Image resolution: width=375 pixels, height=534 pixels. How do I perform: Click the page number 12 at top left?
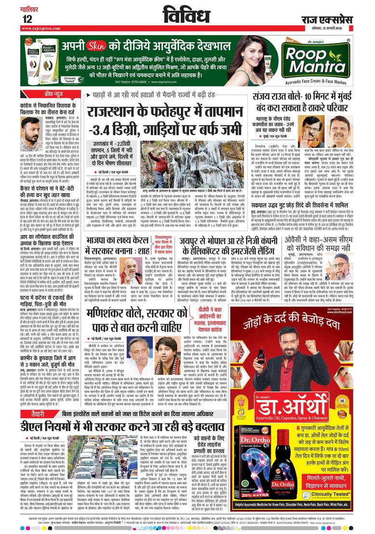[x=27, y=18]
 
